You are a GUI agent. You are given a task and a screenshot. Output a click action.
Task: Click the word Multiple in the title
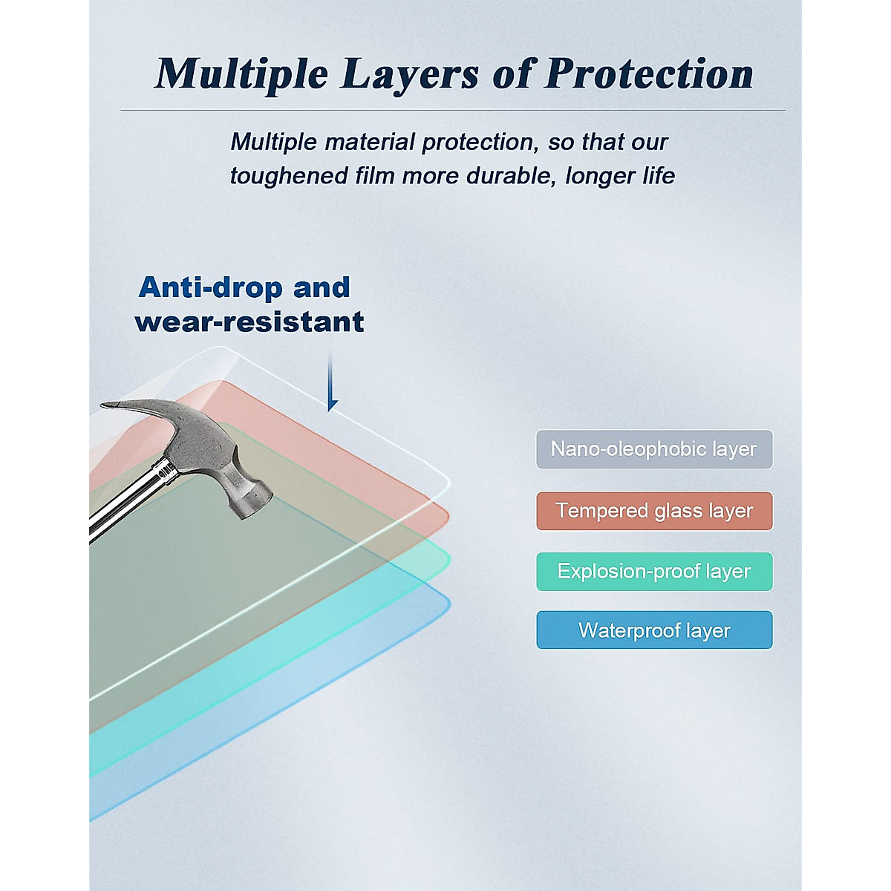[x=241, y=75]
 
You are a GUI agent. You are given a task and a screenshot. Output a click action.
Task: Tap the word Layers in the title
[x=408, y=76]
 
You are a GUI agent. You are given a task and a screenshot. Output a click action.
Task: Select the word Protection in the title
[x=649, y=74]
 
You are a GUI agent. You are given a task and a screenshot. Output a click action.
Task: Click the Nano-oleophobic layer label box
[x=654, y=449]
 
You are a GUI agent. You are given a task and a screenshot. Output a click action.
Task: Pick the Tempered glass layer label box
[x=654, y=510]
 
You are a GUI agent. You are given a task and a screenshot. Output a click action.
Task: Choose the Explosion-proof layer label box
[x=654, y=572]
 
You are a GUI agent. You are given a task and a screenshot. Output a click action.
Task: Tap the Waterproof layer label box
[x=654, y=630]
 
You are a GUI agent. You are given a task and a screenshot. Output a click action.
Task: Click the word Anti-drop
[x=210, y=287]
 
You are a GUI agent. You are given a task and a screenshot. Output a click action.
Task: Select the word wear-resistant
[x=249, y=322]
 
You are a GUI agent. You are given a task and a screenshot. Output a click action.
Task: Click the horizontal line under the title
[x=453, y=111]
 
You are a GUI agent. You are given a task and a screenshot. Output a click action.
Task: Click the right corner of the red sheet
[x=448, y=515]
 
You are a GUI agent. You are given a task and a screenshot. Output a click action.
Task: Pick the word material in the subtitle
[x=369, y=142]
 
